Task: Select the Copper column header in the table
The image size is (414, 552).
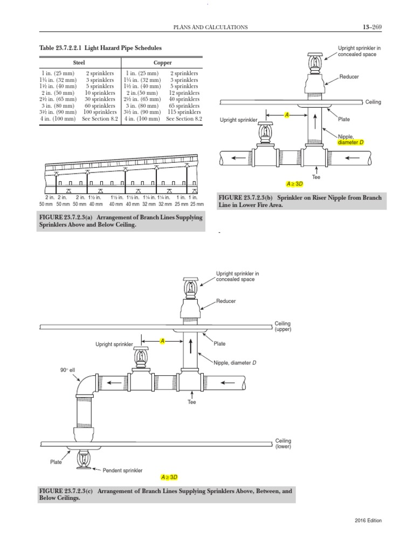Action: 162,63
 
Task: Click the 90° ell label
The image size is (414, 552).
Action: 66,370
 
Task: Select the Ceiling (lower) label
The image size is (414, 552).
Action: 283,444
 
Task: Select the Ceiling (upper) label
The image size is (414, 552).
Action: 283,326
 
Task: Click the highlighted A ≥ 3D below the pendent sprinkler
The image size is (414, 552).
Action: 169,477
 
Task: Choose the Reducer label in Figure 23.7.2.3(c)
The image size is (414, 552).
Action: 226,301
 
